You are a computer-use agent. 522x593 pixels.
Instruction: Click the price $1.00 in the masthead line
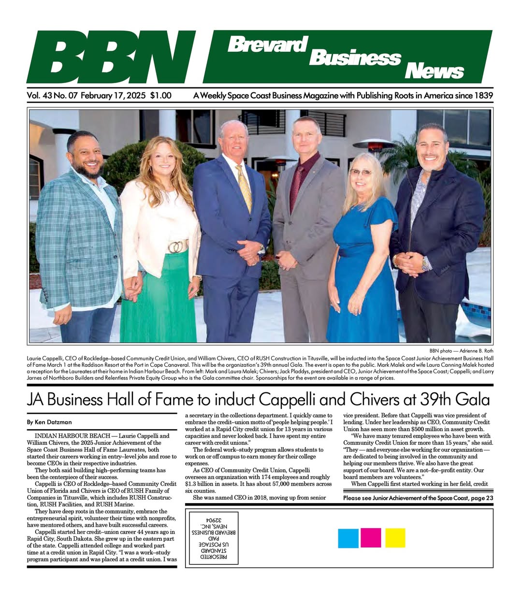[160, 96]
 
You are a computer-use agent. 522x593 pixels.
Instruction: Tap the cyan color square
[348, 538]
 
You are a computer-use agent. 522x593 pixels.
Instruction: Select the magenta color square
[371, 538]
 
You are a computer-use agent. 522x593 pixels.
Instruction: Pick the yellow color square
[395, 538]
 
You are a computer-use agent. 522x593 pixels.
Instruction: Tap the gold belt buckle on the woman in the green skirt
[177, 246]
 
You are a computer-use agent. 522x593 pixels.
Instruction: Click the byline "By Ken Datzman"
[49, 422]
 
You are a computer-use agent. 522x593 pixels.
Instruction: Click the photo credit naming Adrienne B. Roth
[461, 350]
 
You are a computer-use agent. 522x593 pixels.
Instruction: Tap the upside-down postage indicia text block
[215, 537]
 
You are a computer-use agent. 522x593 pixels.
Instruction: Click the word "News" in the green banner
[434, 72]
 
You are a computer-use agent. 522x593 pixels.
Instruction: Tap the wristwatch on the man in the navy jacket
[425, 264]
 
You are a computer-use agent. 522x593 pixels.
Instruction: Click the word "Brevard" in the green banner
[267, 44]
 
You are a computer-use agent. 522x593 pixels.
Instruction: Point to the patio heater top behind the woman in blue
[374, 144]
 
